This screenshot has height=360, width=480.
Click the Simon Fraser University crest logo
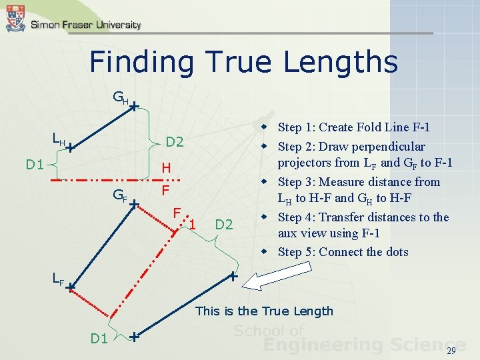[15, 19]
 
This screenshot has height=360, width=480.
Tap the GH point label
[119, 99]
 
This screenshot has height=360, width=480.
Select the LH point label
[59, 139]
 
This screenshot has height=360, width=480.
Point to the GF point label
[119, 195]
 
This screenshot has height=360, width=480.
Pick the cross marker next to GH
[134, 106]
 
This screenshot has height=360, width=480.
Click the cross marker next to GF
[133, 203]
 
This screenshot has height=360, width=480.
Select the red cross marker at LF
[70, 287]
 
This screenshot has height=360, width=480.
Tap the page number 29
[451, 351]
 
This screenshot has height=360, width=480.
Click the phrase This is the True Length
[264, 311]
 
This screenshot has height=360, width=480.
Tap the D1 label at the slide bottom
[99, 339]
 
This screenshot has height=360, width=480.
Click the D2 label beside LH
[175, 142]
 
